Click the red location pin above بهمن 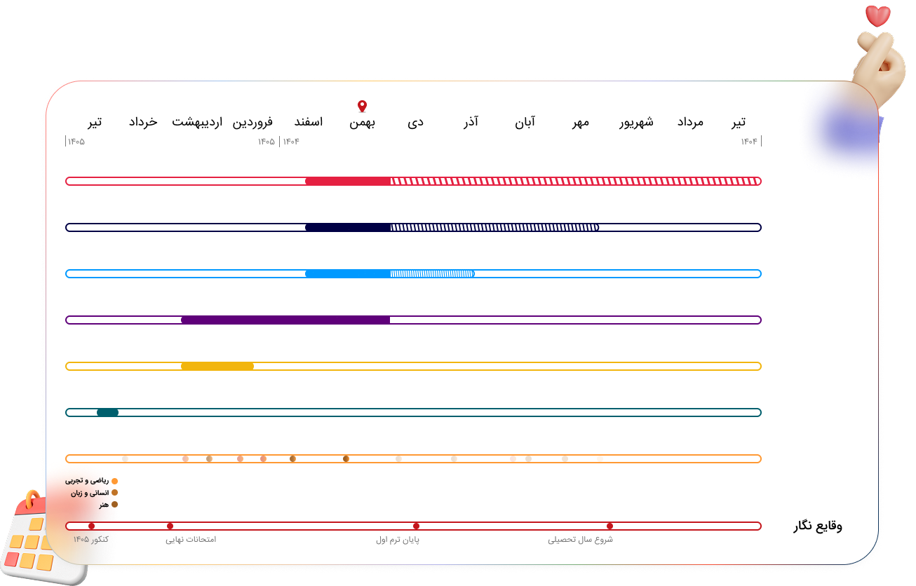362,106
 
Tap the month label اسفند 309,122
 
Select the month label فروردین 252,122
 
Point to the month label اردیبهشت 197,122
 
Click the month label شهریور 635,122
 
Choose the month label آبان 525,122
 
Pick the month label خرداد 143,122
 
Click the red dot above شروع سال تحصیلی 609,526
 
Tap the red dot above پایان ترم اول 416,526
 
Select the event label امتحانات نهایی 191,540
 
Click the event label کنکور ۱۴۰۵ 91,540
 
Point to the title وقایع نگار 818,526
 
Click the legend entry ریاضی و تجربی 88,481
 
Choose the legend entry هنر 104,505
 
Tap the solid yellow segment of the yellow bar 217,366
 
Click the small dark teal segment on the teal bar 107,412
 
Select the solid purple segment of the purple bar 285,320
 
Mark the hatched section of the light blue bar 432,273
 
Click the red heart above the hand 877,15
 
